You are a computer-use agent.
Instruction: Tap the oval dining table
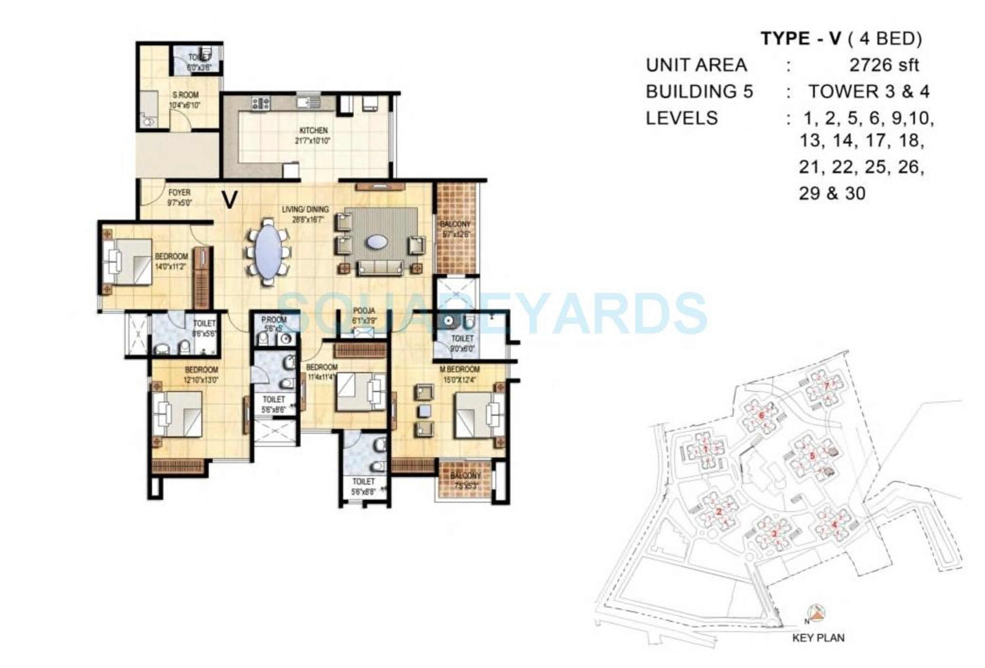tap(268, 251)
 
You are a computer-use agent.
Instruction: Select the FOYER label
tap(179, 193)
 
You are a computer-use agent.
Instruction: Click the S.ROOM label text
tap(185, 95)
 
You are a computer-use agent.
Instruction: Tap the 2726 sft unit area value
tap(884, 65)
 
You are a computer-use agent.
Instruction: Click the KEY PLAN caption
tap(818, 638)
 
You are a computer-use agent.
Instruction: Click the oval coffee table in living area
tap(376, 242)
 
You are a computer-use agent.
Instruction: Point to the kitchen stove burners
tap(261, 103)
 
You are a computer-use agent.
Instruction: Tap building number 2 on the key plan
tap(719, 512)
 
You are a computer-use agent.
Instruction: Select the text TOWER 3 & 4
tap(868, 92)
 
